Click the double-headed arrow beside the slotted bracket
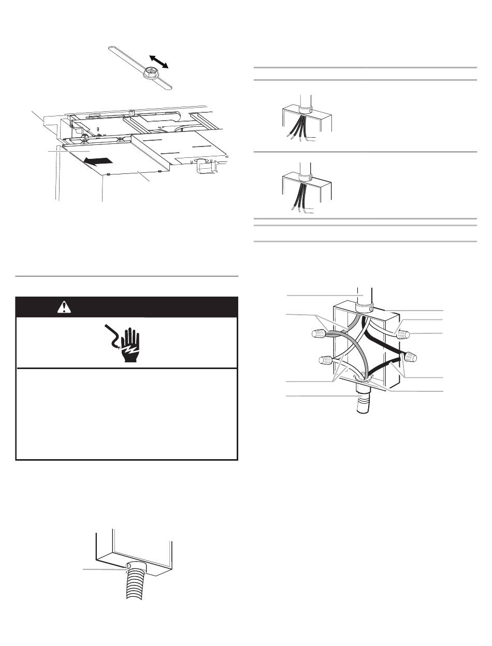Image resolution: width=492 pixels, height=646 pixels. [160, 60]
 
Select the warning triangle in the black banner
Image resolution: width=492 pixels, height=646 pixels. [64, 307]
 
